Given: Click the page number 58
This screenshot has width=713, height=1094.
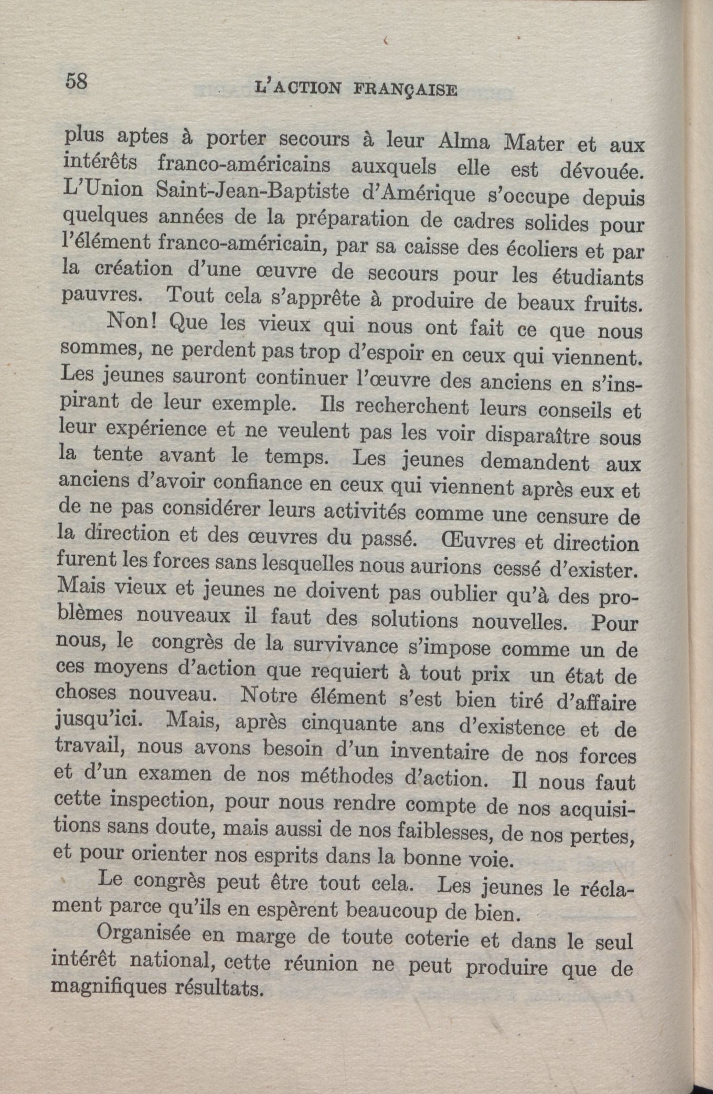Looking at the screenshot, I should (76, 82).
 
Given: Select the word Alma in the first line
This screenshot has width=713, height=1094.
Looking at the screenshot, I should (463, 142).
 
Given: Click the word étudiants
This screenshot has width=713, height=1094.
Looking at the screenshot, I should (598, 277).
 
